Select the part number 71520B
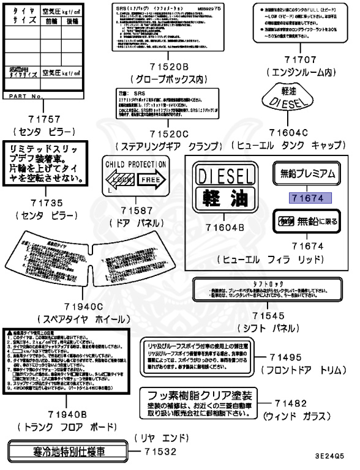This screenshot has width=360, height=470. [x=167, y=67]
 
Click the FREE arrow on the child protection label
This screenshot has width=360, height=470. [x=149, y=181]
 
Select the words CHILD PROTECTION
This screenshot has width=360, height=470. [x=136, y=165]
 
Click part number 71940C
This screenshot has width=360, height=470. [x=83, y=306]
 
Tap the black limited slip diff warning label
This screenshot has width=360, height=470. [x=45, y=163]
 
